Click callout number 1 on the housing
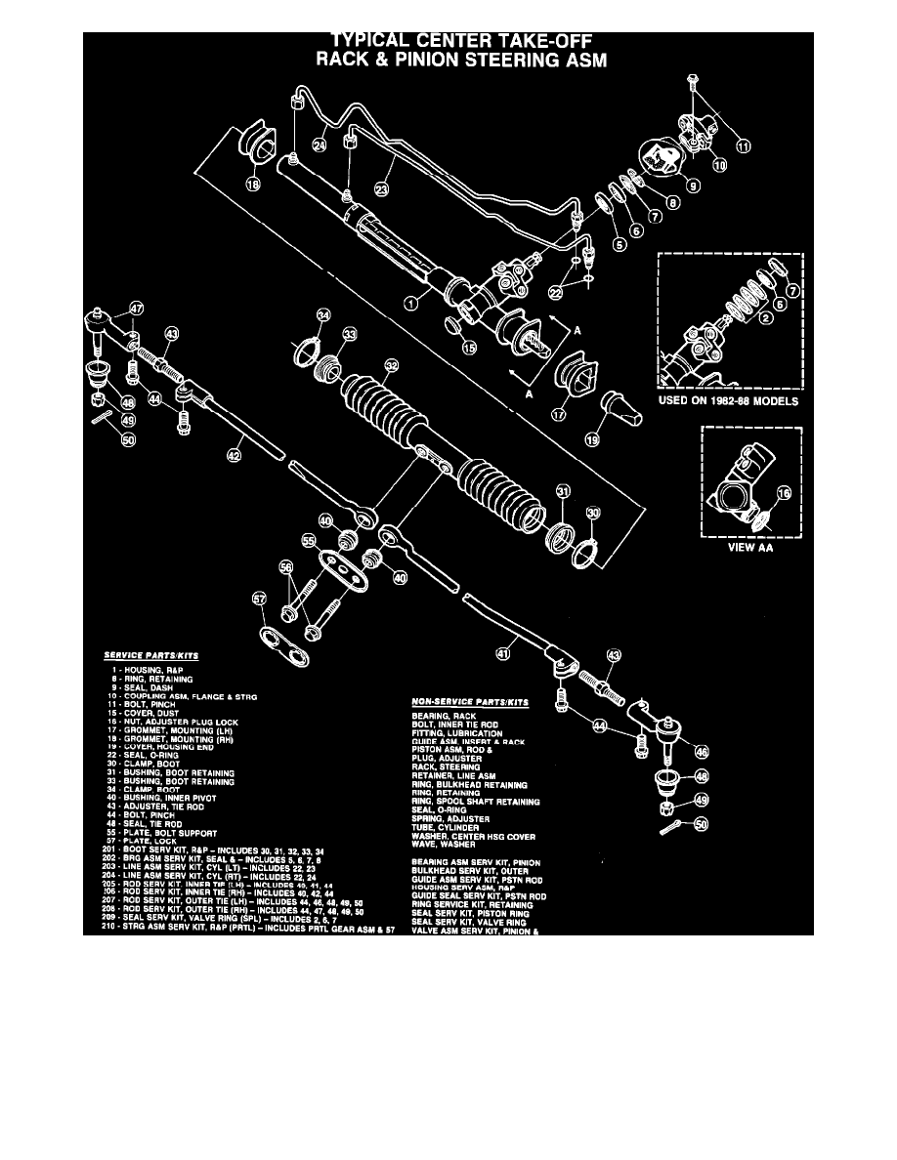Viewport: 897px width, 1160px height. [411, 303]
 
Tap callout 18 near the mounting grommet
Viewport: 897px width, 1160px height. [253, 185]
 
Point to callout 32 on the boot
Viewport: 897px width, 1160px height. [391, 367]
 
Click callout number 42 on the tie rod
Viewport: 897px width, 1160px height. [234, 455]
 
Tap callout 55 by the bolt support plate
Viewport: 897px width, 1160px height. [310, 538]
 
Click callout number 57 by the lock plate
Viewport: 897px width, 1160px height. [258, 600]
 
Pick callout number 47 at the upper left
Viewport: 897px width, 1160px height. [136, 308]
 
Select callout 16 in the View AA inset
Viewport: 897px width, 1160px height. [783, 495]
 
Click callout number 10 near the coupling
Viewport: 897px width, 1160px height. [720, 166]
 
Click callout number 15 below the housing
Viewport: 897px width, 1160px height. [469, 346]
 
